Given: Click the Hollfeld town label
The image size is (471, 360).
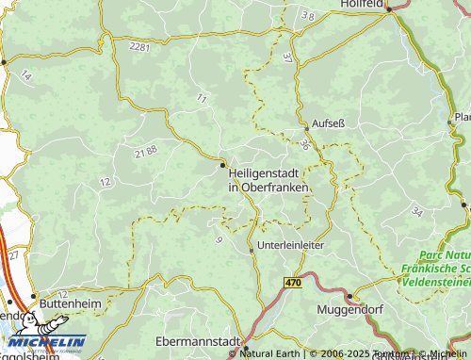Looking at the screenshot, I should point(362,5).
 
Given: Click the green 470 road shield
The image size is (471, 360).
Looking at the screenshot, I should point(294,282).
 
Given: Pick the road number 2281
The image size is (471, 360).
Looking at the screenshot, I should point(140,46).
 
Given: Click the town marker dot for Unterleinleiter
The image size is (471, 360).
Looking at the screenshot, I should point(252,251).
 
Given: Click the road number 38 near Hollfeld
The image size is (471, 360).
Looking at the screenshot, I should point(307,17).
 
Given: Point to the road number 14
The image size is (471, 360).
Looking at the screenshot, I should point(25,74).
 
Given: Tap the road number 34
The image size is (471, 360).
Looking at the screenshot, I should point(417,213).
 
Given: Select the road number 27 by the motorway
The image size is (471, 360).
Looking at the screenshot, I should point(13,254).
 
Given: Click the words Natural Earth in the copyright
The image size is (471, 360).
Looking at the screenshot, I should point(273,353).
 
